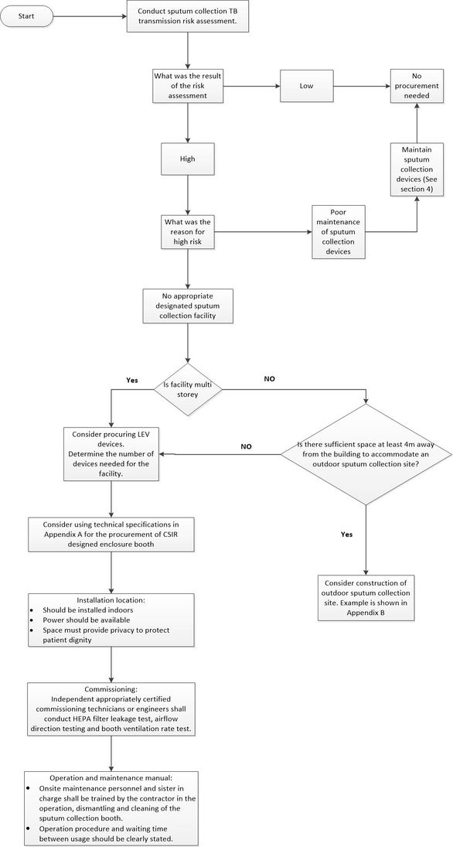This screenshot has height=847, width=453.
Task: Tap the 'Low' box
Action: tap(306, 86)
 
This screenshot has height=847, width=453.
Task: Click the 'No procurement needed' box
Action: tap(417, 86)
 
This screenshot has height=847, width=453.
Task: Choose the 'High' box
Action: tap(188, 158)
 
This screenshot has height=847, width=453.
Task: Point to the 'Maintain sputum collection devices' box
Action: tap(417, 169)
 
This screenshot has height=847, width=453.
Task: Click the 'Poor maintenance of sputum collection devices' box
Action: tap(339, 231)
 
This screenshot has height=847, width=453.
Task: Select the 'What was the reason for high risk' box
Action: tap(188, 231)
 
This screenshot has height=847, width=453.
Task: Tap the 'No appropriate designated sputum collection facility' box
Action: tap(188, 306)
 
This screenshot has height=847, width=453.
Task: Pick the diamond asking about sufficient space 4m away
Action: tap(365, 455)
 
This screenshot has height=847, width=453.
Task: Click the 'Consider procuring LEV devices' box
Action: tap(111, 455)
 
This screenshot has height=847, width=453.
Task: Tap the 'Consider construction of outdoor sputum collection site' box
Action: tap(365, 597)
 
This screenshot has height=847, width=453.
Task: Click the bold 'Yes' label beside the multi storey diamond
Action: tap(131, 381)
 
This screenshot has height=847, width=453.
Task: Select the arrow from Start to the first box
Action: tap(90, 15)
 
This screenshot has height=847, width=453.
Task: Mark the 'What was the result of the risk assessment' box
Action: tap(188, 86)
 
